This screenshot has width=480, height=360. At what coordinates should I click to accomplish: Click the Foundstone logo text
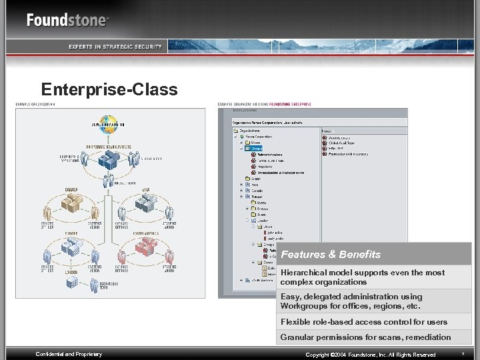[x=67, y=19]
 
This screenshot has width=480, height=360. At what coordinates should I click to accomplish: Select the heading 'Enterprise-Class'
[x=109, y=89]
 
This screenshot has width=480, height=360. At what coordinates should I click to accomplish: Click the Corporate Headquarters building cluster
[x=109, y=160]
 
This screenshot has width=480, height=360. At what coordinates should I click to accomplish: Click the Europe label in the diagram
[x=71, y=233]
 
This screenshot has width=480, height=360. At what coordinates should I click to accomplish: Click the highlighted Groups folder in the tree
[x=257, y=149]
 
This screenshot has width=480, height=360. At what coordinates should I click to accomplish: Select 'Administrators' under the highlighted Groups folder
[x=269, y=155]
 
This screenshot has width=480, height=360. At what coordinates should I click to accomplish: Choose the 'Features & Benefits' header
[x=331, y=254]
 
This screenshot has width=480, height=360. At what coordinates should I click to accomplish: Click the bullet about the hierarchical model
[x=363, y=277]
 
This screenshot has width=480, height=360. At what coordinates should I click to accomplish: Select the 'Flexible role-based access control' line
[x=363, y=322]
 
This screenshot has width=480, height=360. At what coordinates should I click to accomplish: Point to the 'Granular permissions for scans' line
[x=365, y=337]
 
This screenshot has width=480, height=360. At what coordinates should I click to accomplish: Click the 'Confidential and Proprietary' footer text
[x=69, y=354]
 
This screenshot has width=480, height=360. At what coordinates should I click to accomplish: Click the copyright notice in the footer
[x=370, y=355]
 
